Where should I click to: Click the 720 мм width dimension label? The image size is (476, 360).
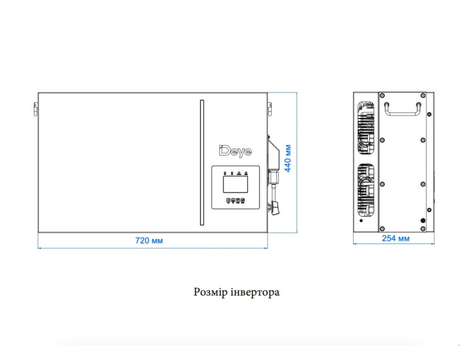[149, 241]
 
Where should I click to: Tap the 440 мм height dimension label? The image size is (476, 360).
[288, 158]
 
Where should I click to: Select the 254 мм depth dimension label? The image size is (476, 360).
[395, 238]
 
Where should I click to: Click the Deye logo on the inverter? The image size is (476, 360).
[235, 151]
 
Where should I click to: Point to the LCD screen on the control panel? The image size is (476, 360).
[235, 184]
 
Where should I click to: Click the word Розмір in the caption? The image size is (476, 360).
[210, 292]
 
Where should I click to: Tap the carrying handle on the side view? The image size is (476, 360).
[403, 109]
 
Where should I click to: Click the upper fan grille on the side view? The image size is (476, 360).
[366, 128]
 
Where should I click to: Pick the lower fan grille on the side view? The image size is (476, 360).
[366, 191]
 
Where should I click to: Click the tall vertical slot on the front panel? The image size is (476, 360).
[202, 163]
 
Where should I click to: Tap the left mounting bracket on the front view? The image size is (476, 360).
[36, 109]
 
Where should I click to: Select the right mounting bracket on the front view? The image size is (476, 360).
[269, 109]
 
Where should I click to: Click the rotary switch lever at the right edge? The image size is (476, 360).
[276, 209]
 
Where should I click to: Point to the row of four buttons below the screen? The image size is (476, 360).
[235, 200]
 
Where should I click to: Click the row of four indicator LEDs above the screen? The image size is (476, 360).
[235, 174]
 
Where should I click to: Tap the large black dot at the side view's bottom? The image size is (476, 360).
[423, 221]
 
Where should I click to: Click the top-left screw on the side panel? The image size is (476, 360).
[382, 96]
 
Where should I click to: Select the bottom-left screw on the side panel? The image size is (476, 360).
[382, 228]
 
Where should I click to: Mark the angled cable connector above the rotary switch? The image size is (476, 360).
[274, 152]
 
